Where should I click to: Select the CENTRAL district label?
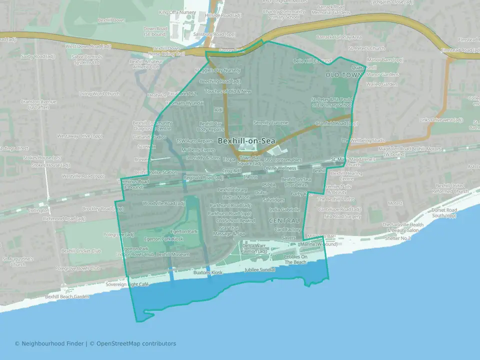point(283,220)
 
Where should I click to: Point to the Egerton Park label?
point(184,231)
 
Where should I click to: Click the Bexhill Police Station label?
point(155,172)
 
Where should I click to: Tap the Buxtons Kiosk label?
point(207,273)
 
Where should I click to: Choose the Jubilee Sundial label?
point(259,269)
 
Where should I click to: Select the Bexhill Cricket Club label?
point(81,250)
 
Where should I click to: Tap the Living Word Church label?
point(99,93)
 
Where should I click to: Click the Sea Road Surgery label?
point(342,216)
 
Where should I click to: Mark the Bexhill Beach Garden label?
point(66,296)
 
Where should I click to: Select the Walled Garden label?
point(381,84)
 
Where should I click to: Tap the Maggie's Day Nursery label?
point(217,70)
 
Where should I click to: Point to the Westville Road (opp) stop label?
point(83,176)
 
